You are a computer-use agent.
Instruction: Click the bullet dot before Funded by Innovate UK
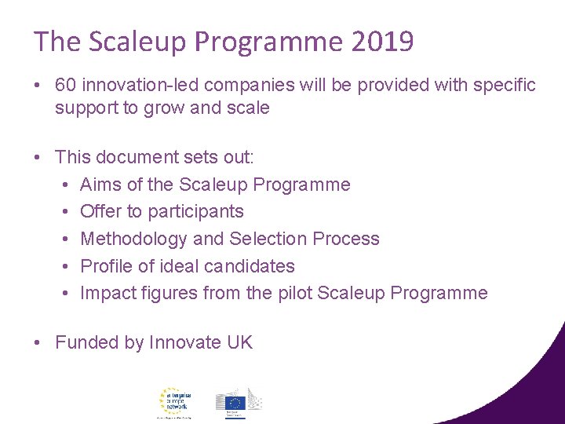[x=38, y=342]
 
